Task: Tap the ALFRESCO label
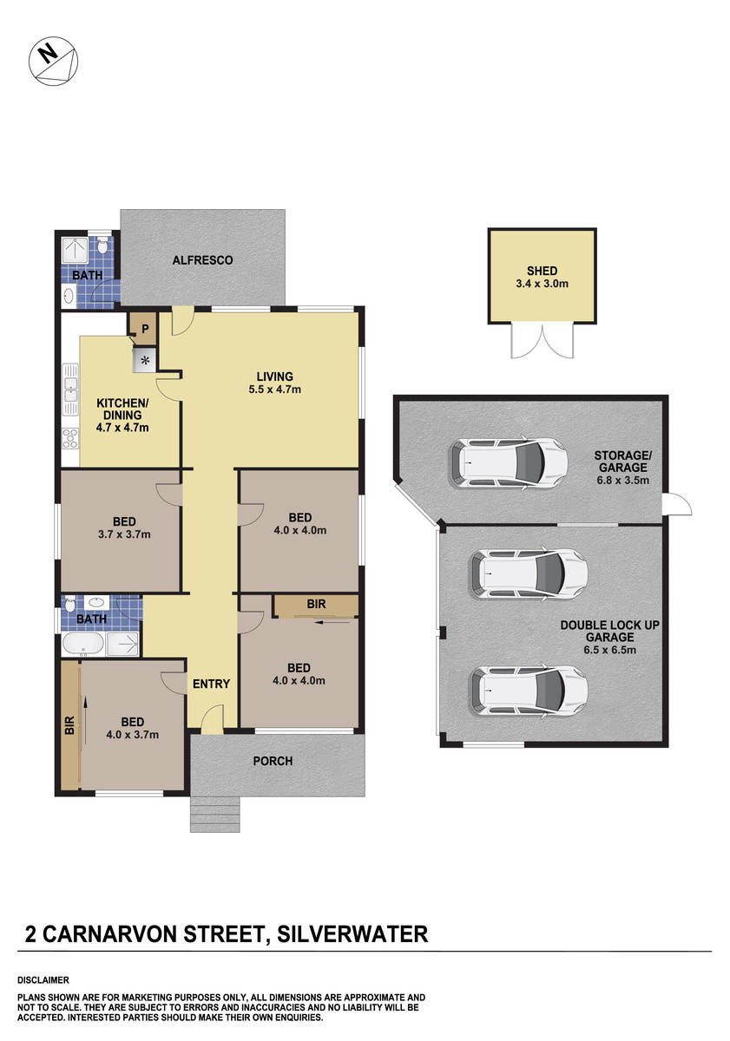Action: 202,260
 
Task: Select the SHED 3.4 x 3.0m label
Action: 542,277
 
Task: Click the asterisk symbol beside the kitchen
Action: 144,360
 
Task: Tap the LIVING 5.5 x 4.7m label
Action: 274,383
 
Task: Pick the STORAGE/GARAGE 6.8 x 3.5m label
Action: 621,467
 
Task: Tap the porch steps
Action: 215,814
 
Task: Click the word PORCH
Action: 273,762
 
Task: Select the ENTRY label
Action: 211,684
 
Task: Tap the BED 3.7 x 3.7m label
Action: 122,527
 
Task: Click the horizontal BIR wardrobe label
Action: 315,605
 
